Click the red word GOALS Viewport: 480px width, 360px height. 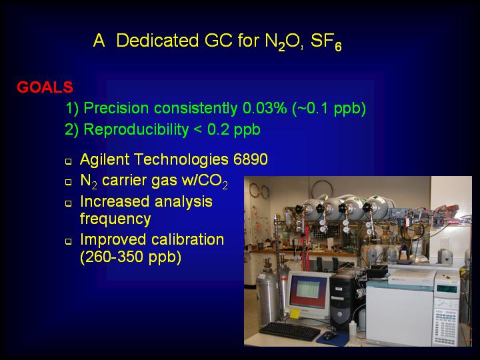tap(45, 87)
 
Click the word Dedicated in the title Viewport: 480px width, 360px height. tap(157, 40)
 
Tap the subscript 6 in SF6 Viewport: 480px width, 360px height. tap(338, 47)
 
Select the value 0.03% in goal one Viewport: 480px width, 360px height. tap(265, 108)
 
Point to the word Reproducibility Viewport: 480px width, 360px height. tap(136, 130)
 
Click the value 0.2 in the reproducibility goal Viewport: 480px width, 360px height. tap(218, 129)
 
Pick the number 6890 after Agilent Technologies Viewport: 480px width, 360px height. tap(251, 159)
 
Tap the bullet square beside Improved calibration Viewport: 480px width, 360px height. tap(69, 241)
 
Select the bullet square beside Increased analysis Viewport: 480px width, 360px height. tap(69, 203)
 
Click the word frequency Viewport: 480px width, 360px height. tap(115, 219)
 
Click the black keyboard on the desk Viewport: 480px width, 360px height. tap(289, 331)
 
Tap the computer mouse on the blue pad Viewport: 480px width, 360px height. tap(330, 335)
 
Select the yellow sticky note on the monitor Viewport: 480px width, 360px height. tap(295, 313)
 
